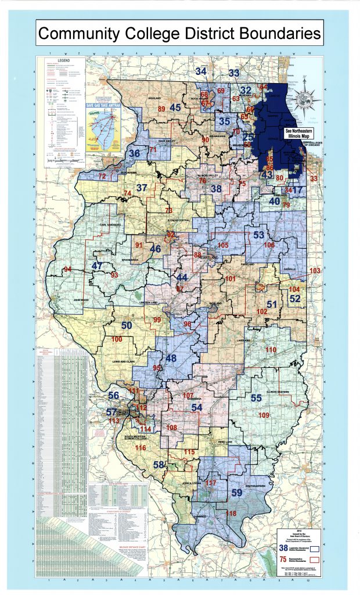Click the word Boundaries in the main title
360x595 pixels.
pos(269,34)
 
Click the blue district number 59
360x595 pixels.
pos(237,493)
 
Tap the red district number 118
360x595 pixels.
pos(231,514)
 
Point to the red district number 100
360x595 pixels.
pos(117,339)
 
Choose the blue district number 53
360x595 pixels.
pos(258,235)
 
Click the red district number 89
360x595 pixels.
pos(161,109)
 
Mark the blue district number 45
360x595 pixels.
pos(175,107)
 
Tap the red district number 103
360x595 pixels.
pos(315,271)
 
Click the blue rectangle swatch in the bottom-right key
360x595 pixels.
pos(316,547)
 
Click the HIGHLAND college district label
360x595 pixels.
pos(154,99)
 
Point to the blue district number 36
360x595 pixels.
pos(134,153)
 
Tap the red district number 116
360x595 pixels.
pos(141,448)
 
